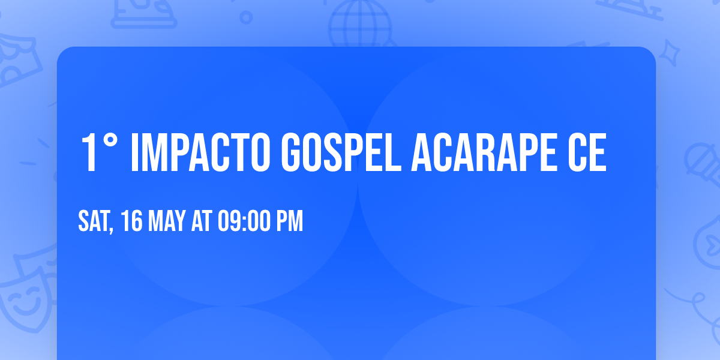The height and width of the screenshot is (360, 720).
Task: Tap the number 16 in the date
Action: pos(132,222)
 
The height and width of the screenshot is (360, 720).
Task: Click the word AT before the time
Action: pos(201,222)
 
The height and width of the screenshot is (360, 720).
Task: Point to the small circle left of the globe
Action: pos(246,17)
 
